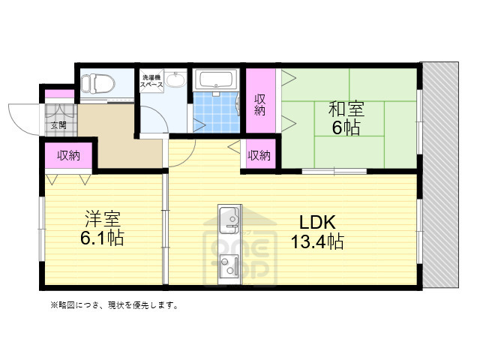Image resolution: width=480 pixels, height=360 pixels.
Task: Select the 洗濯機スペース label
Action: pos(149,80)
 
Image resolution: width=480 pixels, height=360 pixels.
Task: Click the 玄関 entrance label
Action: pos(58,125)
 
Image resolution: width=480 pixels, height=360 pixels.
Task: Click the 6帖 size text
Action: pos(346,127)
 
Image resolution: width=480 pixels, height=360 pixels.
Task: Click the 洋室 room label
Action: pos(103,220)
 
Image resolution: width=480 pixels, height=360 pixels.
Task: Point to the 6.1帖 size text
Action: pos(103,239)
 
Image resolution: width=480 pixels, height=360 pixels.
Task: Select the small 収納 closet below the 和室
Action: pos(259,155)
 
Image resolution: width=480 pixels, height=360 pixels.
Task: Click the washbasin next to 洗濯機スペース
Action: pos(175,81)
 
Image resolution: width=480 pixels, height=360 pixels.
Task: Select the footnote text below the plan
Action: pos(113,304)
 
